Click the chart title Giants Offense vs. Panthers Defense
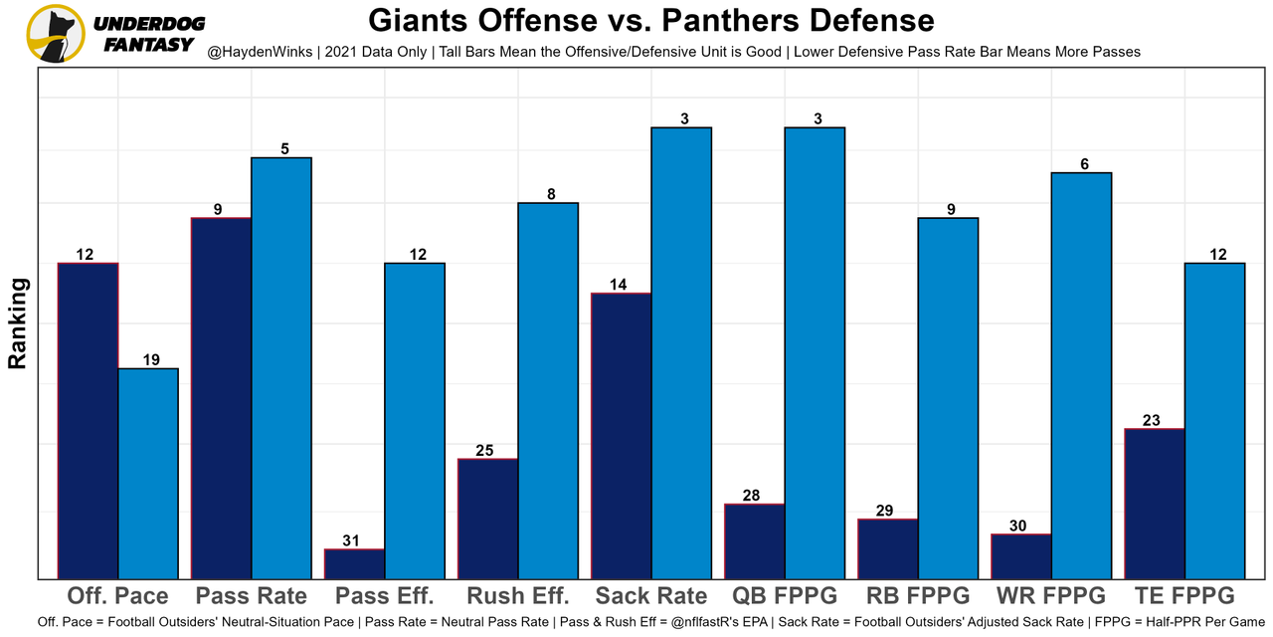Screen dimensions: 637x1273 click(650, 21)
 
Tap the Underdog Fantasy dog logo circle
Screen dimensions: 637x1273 click(54, 33)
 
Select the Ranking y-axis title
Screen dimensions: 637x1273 click(17, 323)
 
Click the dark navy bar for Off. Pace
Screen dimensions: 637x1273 click(89, 420)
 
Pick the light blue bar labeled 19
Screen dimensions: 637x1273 click(148, 473)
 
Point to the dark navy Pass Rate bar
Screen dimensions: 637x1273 click(222, 397)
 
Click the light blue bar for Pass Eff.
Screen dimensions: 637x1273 click(415, 420)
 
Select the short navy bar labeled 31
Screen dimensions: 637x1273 click(355, 563)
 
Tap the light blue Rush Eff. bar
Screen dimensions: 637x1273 click(548, 390)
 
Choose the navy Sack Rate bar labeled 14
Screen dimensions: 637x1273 click(622, 435)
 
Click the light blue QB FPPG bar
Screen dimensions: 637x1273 click(815, 352)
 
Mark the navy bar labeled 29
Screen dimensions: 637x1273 click(888, 548)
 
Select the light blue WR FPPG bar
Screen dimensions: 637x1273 click(1081, 375)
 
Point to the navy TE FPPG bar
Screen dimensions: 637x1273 click(1155, 503)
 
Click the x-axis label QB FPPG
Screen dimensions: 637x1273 click(785, 596)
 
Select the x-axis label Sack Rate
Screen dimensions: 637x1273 click(651, 596)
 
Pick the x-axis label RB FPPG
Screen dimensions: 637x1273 click(918, 596)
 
